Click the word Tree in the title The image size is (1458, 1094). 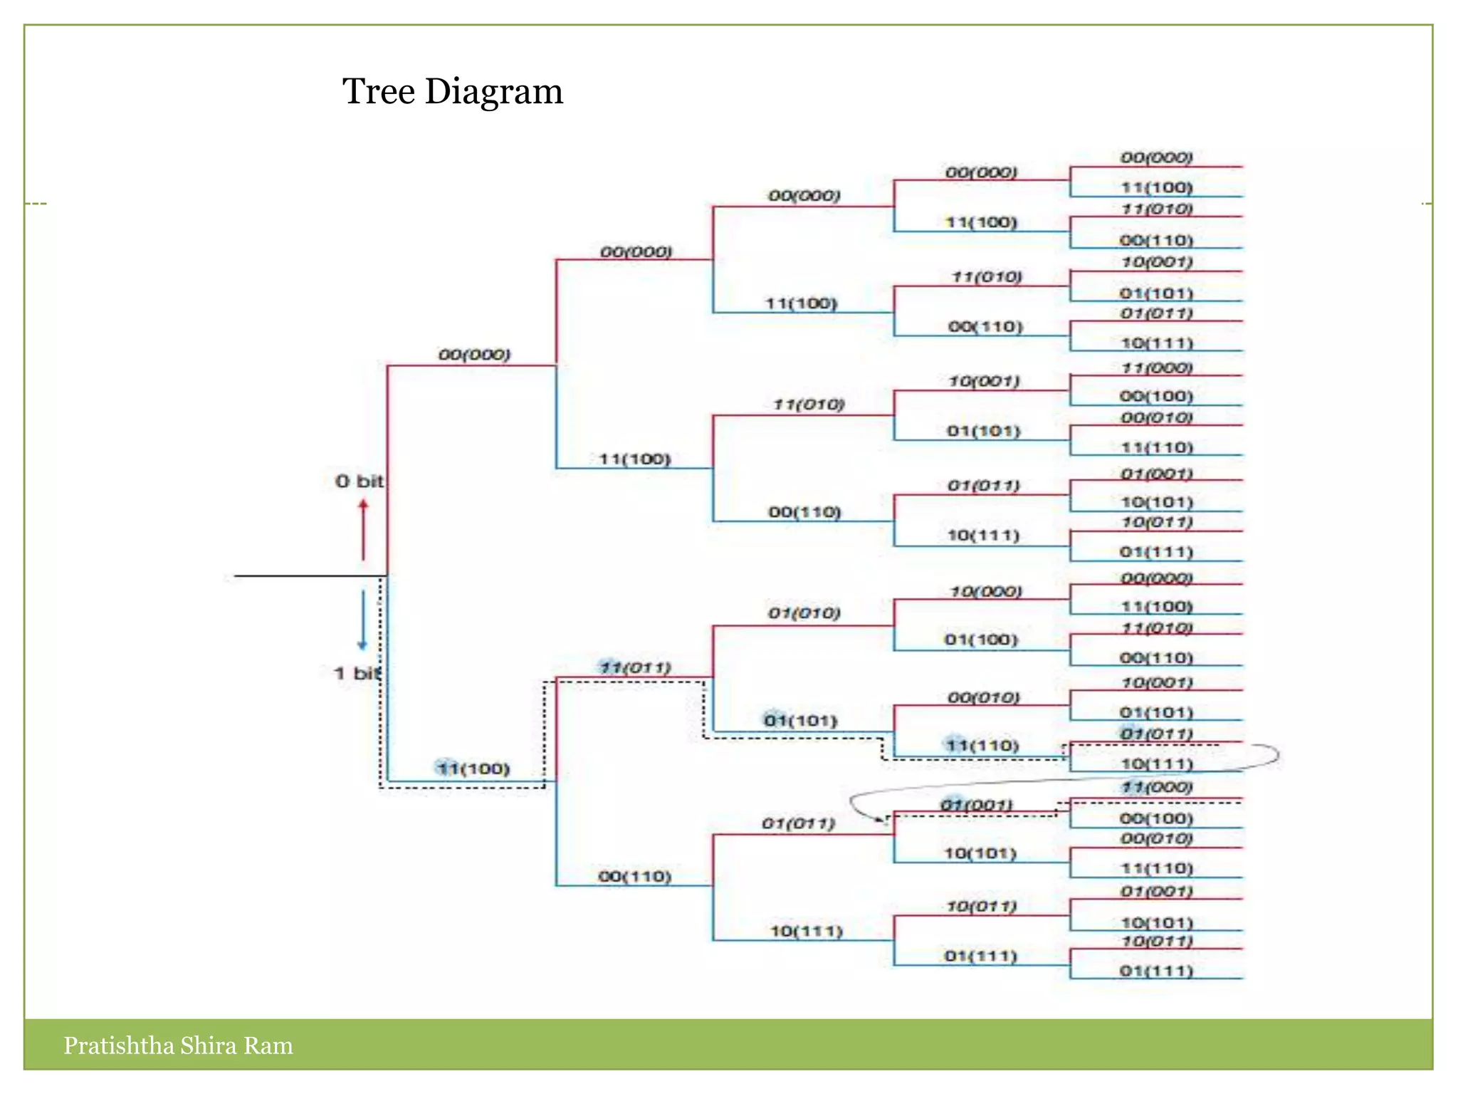tap(378, 92)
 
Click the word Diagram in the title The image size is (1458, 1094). tap(493, 92)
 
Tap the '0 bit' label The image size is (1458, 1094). tap(359, 481)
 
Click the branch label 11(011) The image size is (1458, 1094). tap(635, 667)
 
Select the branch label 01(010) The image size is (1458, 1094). tap(804, 613)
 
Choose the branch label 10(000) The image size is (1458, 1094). tap(986, 592)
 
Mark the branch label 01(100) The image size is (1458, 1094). tap(981, 640)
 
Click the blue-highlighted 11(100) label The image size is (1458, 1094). tap(473, 769)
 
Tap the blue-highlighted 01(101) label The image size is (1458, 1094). tap(801, 721)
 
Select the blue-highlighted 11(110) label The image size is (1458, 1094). tap(982, 746)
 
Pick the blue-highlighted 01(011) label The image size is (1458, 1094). tap(1156, 734)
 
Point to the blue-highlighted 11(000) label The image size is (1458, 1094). tap(1156, 787)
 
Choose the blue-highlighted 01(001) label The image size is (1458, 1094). tap(976, 805)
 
